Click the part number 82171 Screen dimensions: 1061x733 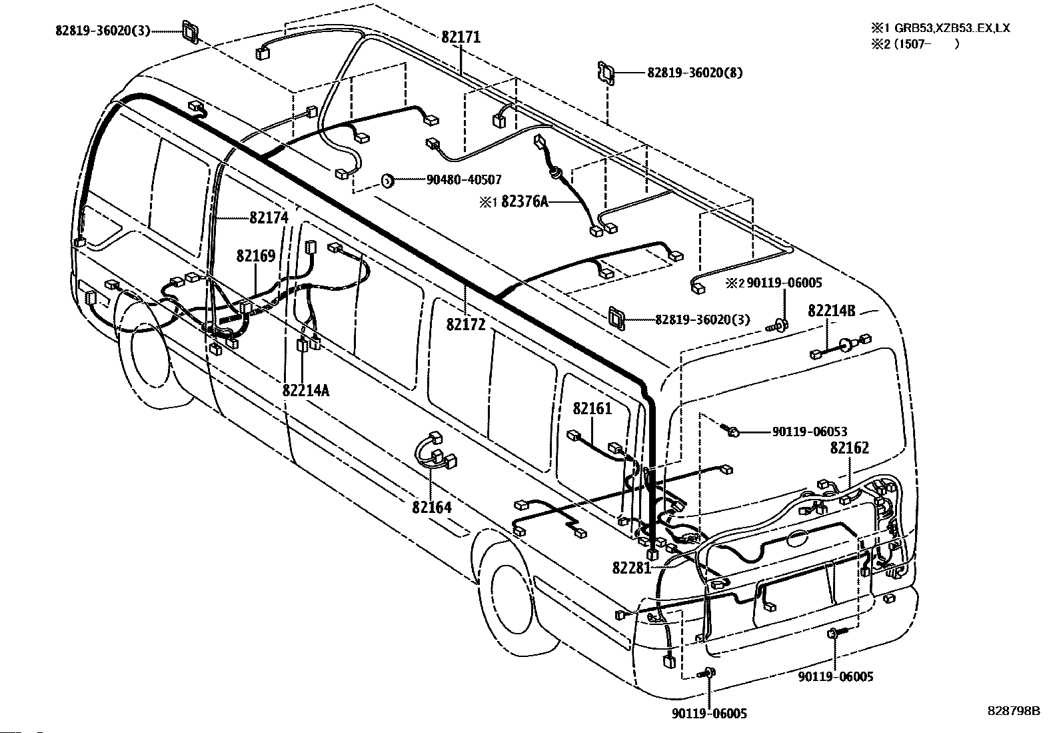pyautogui.click(x=461, y=37)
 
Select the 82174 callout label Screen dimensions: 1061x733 pyautogui.click(x=269, y=217)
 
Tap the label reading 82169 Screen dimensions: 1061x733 pyautogui.click(x=256, y=256)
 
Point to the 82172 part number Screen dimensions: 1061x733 pyautogui.click(x=466, y=324)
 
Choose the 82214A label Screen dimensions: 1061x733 pyautogui.click(x=306, y=390)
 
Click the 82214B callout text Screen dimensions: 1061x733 pyautogui.click(x=832, y=311)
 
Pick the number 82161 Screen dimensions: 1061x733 pyautogui.click(x=592, y=408)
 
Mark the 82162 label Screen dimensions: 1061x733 pyautogui.click(x=849, y=448)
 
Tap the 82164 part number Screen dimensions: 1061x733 pyautogui.click(x=431, y=508)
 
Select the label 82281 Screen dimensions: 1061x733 pyautogui.click(x=632, y=568)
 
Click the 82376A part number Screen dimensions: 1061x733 pyautogui.click(x=525, y=201)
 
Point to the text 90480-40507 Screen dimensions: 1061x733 pyautogui.click(x=464, y=179)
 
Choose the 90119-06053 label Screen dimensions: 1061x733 pyautogui.click(x=810, y=432)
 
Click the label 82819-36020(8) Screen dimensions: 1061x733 pyautogui.click(x=695, y=73)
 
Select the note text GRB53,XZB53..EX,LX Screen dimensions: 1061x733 pyautogui.click(x=952, y=28)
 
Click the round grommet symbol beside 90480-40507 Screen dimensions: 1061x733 pyautogui.click(x=387, y=180)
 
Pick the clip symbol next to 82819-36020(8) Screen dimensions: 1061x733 pyautogui.click(x=606, y=73)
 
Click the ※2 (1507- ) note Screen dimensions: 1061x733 pyautogui.click(x=915, y=44)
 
